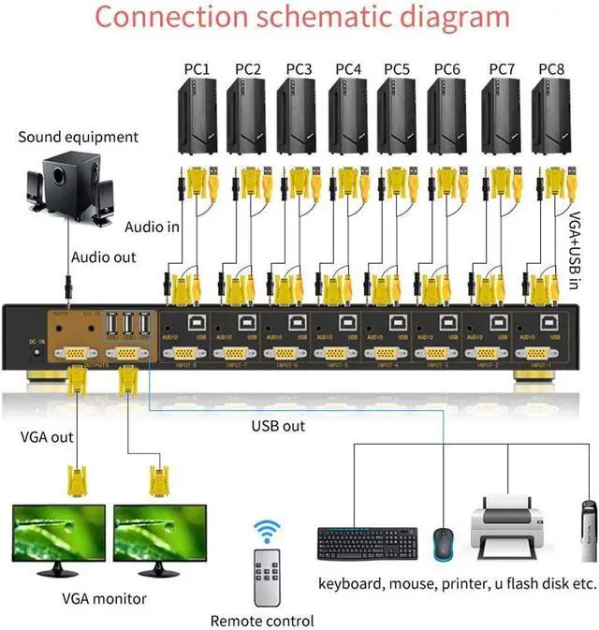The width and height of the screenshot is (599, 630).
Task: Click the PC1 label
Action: (x=197, y=69)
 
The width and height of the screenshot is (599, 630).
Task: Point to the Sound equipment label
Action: (x=78, y=138)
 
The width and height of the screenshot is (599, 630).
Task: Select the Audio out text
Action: (x=103, y=257)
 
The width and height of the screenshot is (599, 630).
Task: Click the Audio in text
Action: (x=152, y=227)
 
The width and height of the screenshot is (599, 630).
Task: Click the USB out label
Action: (x=279, y=425)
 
